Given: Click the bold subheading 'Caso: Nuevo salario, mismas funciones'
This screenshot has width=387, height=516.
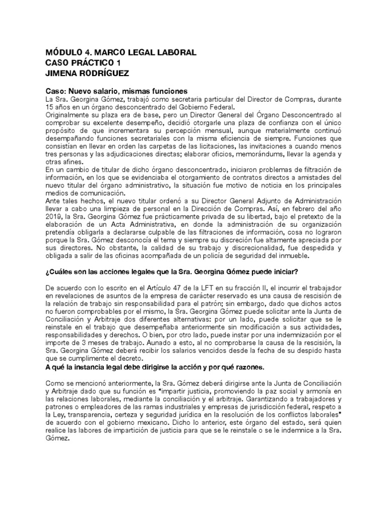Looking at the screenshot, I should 116,91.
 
